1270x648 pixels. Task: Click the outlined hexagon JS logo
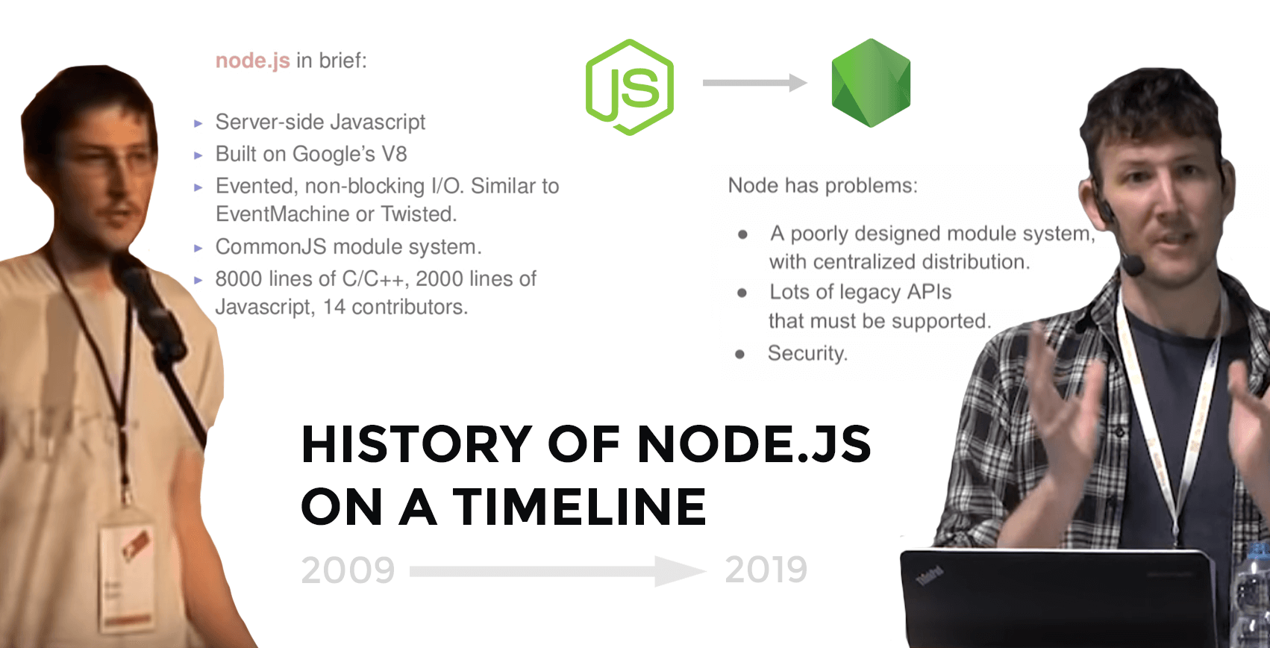(630, 87)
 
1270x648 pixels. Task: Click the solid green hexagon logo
(871, 83)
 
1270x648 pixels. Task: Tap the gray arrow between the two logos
(754, 83)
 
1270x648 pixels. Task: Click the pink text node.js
(252, 60)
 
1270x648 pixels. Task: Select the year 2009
(348, 570)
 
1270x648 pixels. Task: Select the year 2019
(766, 570)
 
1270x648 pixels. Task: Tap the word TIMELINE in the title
(579, 508)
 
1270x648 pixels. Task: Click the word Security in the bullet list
(807, 353)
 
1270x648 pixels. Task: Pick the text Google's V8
(349, 154)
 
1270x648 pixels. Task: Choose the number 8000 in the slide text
(239, 278)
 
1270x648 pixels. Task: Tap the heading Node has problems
(822, 185)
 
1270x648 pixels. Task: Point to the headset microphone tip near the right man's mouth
(1133, 265)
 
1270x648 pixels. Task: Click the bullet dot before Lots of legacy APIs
(742, 293)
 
